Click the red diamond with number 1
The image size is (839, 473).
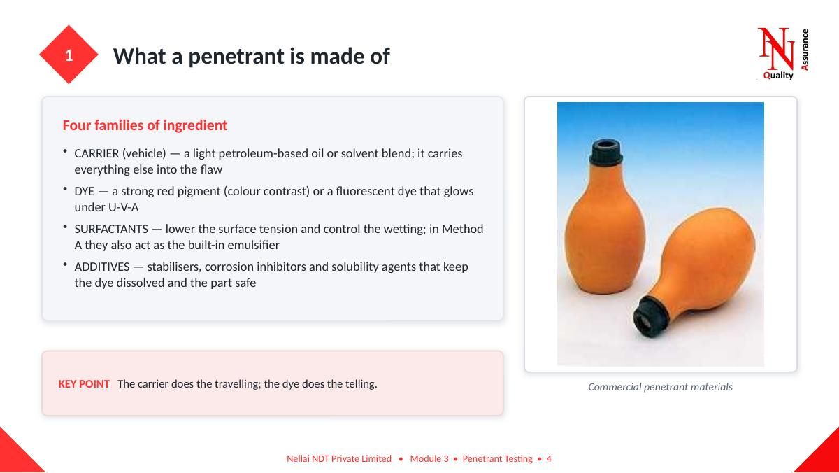coord(69,55)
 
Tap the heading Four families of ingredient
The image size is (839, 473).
coord(145,125)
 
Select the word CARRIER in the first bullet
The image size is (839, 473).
coord(96,153)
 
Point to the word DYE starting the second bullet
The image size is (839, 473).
coord(85,191)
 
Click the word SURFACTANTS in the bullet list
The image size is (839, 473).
coord(111,229)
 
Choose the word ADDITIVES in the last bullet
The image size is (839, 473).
coord(102,267)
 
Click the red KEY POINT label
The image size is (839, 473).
coord(84,384)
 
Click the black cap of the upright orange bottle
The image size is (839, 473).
coord(605,153)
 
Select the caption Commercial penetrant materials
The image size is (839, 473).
coord(660,387)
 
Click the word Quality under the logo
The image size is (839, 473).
coord(778,76)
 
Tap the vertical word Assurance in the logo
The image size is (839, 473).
coord(805,50)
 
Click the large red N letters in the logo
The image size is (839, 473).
coord(775,48)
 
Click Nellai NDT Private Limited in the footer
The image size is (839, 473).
coord(339,458)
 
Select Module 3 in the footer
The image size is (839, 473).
coord(429,458)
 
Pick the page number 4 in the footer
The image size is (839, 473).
coord(549,458)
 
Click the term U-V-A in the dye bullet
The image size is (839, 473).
coord(123,207)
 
